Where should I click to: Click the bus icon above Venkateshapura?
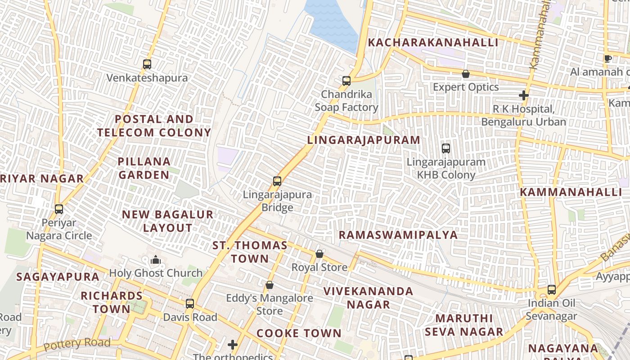(147, 64)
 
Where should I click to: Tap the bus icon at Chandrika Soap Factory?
(346, 81)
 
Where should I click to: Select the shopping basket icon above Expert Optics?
(466, 74)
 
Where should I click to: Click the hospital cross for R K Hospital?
(523, 95)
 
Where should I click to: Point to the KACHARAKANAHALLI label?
(433, 43)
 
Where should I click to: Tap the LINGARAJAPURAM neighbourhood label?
(364, 140)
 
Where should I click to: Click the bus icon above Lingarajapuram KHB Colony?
(445, 148)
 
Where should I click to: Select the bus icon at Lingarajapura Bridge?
(277, 181)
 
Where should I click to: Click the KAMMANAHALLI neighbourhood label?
(571, 192)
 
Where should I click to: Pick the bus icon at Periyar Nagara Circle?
(59, 209)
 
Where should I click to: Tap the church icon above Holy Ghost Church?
(156, 260)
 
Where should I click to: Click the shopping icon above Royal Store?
(319, 254)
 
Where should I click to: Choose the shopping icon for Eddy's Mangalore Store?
(269, 285)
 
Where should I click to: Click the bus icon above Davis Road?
(190, 304)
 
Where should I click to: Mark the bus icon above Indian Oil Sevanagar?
(552, 289)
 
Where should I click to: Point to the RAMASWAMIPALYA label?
(398, 235)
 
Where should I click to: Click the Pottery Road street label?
(77, 344)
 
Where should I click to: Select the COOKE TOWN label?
(299, 333)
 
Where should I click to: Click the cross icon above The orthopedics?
(232, 345)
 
